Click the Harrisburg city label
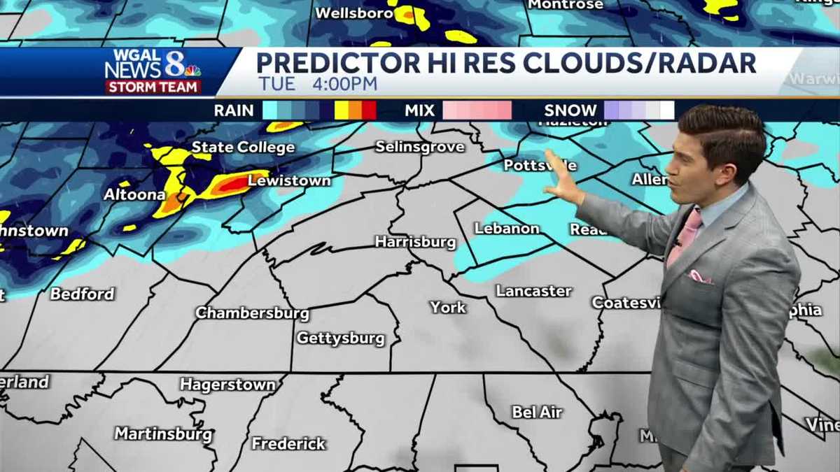point(415,242)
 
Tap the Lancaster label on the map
point(533,291)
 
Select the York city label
point(448,307)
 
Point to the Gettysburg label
point(340,338)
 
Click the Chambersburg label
point(252,313)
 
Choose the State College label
point(243,147)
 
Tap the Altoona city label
point(134,194)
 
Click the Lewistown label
point(289,180)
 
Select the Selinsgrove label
point(419,147)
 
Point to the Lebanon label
point(507,229)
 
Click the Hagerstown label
point(227,385)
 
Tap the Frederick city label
point(288,443)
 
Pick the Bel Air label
point(537,412)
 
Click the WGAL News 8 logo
point(153,71)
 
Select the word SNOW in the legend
point(570,110)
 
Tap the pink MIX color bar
point(477,110)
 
